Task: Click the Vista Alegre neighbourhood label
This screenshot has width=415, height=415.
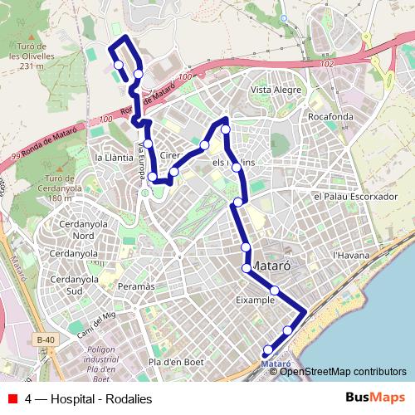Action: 274,90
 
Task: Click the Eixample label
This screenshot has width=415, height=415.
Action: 255,300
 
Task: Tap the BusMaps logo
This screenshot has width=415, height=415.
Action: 375,398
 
